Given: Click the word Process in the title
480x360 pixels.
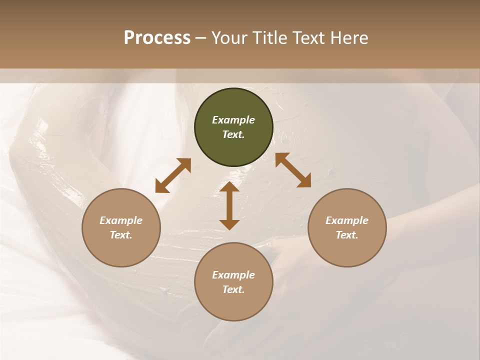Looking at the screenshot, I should (x=157, y=38).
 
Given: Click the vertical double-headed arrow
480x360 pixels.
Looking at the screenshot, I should (x=229, y=205).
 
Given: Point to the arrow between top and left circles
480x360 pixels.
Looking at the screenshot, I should (x=173, y=175).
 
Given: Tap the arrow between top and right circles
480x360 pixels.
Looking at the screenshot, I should (x=293, y=170).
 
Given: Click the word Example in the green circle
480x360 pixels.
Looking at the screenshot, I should (x=233, y=120).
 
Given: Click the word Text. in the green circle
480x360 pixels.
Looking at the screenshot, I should (x=233, y=134).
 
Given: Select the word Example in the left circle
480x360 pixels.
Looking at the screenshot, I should (x=121, y=220).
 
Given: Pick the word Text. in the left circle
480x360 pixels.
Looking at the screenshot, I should (x=121, y=235).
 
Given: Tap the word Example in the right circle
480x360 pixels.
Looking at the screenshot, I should (x=347, y=220).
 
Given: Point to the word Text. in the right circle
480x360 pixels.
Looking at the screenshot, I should (x=347, y=235).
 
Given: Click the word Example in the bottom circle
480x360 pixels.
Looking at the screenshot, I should (x=233, y=275).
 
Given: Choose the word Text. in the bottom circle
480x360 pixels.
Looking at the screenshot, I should (x=233, y=289).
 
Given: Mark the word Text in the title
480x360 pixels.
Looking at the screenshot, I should (x=310, y=38).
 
